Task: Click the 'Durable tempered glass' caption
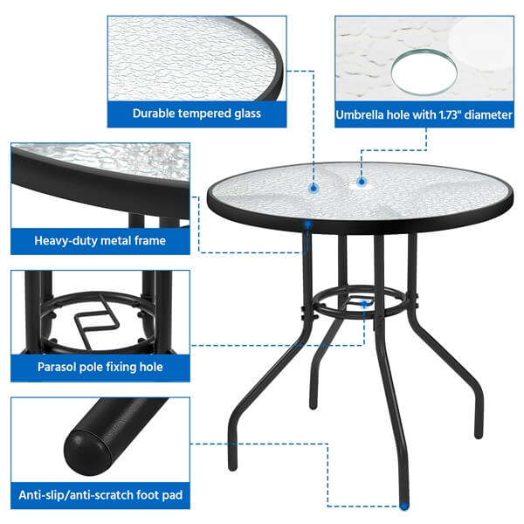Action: pyautogui.click(x=196, y=113)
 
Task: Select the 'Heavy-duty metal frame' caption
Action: pyautogui.click(x=100, y=240)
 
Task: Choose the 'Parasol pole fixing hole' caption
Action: pyautogui.click(x=100, y=367)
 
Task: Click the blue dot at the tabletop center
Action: pyautogui.click(x=314, y=185)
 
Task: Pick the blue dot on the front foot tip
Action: pyautogui.click(x=403, y=504)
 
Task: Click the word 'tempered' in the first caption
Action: pyautogui.click(x=202, y=113)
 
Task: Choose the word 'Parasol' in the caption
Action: pyautogui.click(x=59, y=367)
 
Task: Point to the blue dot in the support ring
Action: pyautogui.click(x=362, y=303)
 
